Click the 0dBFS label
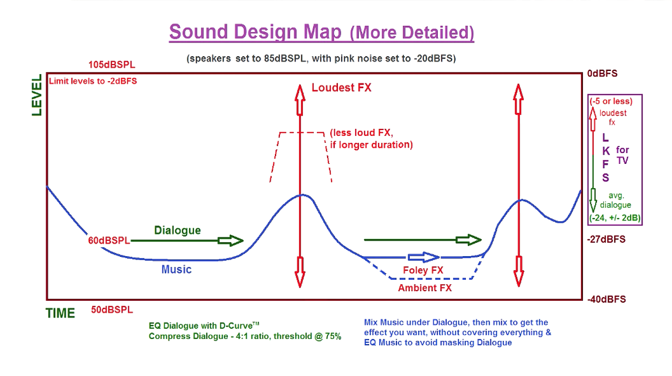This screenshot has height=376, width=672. tap(602, 74)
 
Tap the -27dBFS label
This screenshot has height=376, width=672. tap(606, 240)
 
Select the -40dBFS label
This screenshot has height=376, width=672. tap(606, 299)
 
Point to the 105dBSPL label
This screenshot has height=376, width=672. tap(112, 64)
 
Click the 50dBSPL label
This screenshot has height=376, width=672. tap(112, 310)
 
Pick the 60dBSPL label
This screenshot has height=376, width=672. tap(109, 240)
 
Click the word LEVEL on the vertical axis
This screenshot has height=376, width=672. tap(37, 95)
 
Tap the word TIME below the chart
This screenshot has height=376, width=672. tap(60, 313)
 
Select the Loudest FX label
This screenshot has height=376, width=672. tap(341, 88)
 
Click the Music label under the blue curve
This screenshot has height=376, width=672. tap(176, 270)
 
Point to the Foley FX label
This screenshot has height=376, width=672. tap(423, 270)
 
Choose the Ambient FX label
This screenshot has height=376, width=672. tap(425, 288)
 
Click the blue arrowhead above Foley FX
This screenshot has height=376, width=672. tap(431, 257)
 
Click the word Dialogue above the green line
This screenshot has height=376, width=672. tap(177, 230)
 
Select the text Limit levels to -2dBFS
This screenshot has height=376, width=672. tap(93, 81)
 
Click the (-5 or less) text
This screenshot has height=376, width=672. tap(611, 101)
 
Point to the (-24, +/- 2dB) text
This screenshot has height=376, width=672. tap(615, 218)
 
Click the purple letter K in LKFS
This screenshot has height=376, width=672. tap(606, 151)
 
